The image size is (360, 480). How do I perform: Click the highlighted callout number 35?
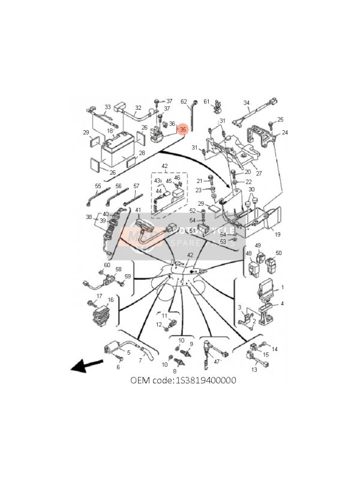(x=184, y=128)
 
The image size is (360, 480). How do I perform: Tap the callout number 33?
(x=108, y=107)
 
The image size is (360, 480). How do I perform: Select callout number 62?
(x=184, y=101)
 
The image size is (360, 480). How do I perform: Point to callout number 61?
(x=206, y=101)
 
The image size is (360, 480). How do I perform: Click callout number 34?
(x=246, y=103)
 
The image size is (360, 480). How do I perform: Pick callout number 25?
(x=280, y=119)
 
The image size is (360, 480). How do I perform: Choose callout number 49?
(x=258, y=246)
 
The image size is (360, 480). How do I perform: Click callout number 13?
(x=254, y=370)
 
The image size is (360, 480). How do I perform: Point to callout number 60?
(x=107, y=265)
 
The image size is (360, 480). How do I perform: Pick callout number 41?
(x=138, y=209)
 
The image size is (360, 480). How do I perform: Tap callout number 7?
(x=140, y=361)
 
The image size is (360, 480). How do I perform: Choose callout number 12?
(x=160, y=325)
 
